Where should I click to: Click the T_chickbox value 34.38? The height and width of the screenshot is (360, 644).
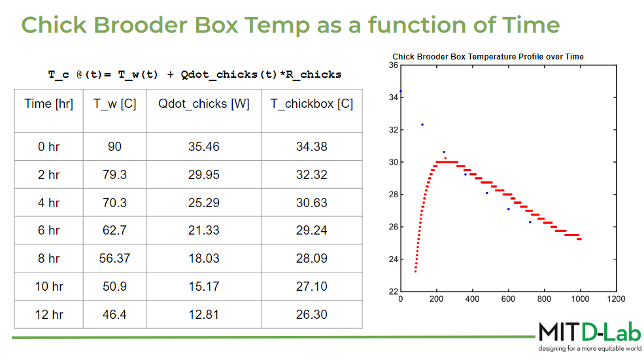click(312, 146)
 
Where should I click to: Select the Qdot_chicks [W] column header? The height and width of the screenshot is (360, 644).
click(204, 104)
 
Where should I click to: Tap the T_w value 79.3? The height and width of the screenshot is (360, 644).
click(114, 174)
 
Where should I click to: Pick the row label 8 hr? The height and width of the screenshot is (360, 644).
click(49, 258)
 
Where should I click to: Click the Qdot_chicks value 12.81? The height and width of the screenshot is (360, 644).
click(204, 314)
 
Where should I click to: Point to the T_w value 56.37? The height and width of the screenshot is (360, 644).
click(114, 258)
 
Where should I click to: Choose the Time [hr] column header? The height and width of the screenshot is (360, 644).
click(49, 104)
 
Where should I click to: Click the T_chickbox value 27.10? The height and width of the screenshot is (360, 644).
click(312, 286)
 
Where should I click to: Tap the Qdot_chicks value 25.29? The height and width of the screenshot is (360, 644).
click(204, 203)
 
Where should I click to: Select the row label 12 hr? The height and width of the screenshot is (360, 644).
click(49, 314)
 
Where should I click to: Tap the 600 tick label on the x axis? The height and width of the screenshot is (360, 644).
click(508, 299)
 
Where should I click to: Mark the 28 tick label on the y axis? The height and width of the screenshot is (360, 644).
click(394, 195)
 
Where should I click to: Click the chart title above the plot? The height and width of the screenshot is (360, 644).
click(488, 57)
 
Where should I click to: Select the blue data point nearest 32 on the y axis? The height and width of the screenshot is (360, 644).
click(422, 124)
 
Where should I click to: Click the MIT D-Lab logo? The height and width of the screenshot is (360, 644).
click(590, 333)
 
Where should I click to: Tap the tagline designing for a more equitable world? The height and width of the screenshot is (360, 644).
click(590, 348)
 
